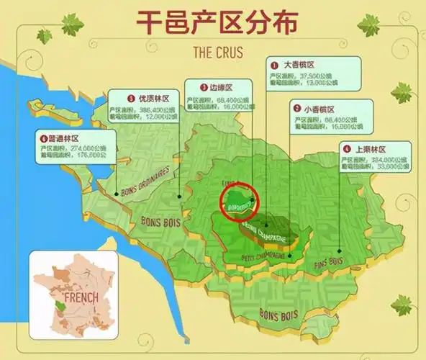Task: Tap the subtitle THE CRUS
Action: tap(213, 53)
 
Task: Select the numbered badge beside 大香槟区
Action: tap(273, 64)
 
